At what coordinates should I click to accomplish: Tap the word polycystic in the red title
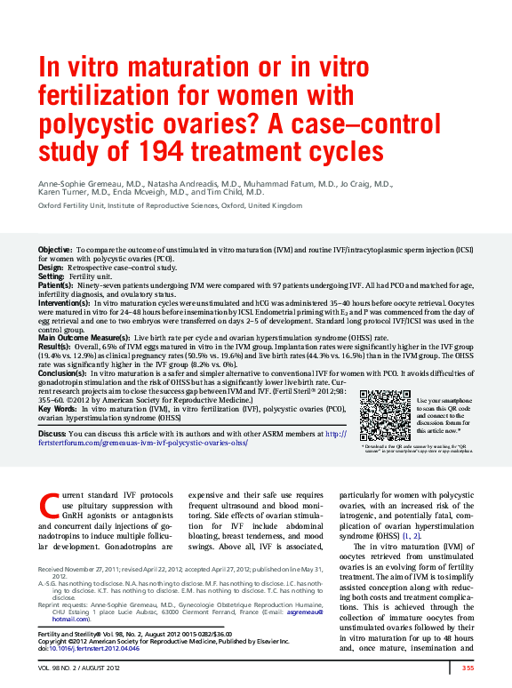107,122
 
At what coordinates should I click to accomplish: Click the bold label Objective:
55,252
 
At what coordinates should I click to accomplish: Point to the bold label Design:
51,268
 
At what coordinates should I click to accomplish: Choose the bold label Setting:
52,276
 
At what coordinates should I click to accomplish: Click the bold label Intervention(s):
65,303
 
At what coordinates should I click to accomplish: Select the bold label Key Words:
58,408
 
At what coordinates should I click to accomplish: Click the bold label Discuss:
52,434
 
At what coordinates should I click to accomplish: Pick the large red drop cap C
49,506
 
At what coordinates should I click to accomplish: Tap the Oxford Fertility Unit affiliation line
170,205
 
